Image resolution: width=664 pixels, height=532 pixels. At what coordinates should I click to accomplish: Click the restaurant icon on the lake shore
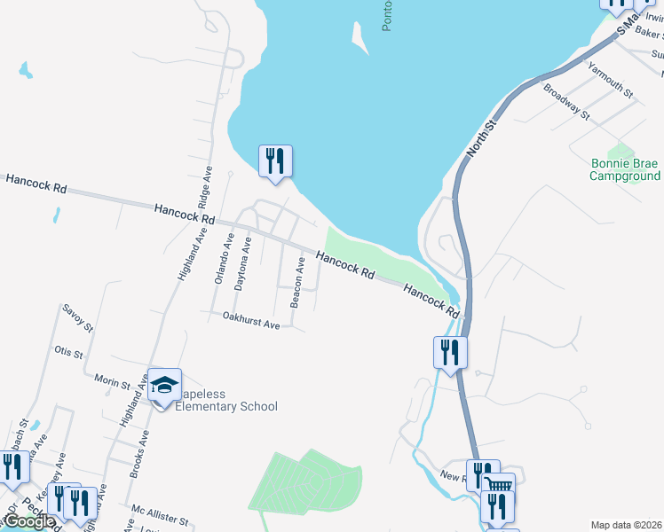275,161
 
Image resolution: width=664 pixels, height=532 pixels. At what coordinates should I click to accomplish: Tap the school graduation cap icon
164,385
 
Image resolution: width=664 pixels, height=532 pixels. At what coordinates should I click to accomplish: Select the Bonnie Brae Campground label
625,169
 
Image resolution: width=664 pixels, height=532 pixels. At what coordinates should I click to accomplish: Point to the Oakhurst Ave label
251,321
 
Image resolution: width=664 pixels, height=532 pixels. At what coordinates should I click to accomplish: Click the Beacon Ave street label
298,283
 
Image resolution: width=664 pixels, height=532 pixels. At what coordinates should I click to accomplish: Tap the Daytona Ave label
242,264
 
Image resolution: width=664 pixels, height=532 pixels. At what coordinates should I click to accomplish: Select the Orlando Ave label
222,258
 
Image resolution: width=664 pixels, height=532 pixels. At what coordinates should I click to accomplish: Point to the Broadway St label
566,101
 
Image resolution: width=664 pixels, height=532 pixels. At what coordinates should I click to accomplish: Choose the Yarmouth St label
613,80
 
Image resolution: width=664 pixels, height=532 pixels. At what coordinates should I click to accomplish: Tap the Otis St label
68,353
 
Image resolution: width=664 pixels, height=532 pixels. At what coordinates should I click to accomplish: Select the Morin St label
113,382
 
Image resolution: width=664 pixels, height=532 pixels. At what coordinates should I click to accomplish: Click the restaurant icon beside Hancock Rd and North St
449,352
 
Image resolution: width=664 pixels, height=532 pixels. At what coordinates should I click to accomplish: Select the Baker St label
649,34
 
